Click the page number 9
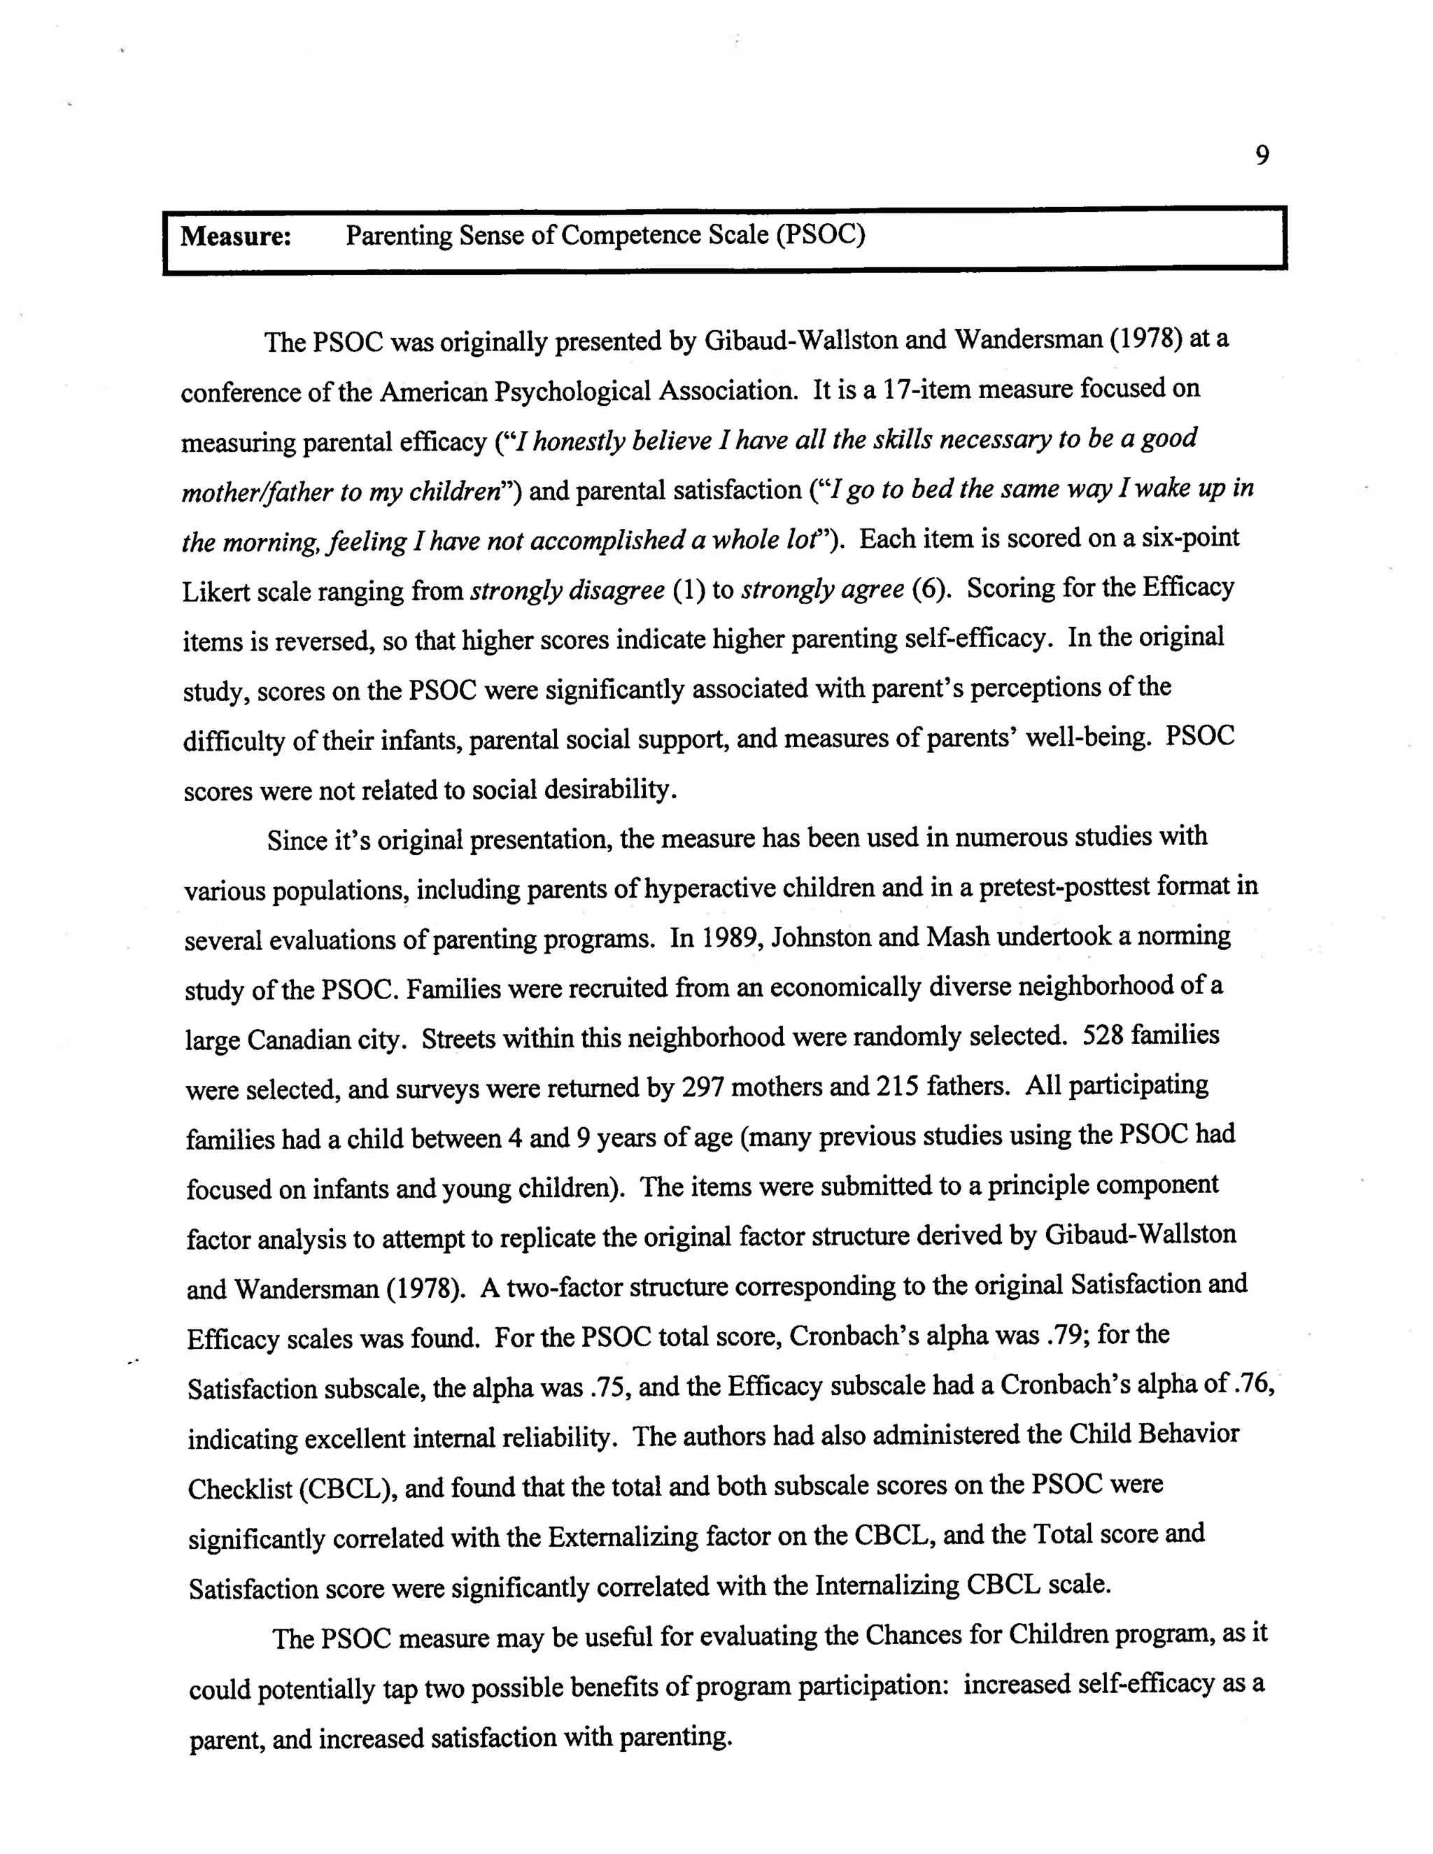pyautogui.click(x=1262, y=156)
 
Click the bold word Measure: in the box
pyautogui.click(x=236, y=237)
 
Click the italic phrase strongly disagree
pyautogui.click(x=567, y=590)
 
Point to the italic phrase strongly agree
pyautogui.click(x=821, y=589)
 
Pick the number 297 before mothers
pyautogui.click(x=702, y=1087)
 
